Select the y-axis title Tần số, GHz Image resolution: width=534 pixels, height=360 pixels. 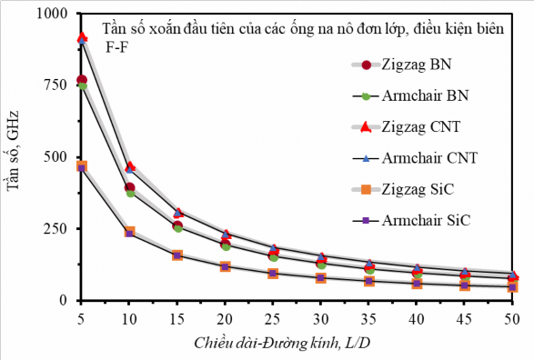[15, 156]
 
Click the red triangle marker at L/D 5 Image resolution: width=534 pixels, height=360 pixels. [82, 38]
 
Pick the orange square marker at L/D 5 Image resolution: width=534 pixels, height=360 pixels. [82, 166]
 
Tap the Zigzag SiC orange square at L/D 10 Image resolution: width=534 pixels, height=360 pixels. [129, 233]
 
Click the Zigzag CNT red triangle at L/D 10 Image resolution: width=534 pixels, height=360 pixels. [130, 166]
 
